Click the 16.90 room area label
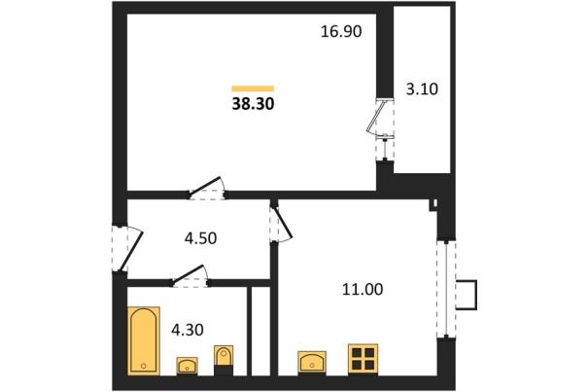pyautogui.click(x=341, y=31)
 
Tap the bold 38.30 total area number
pyautogui.click(x=253, y=104)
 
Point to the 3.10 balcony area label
pyautogui.click(x=422, y=89)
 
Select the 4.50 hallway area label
pyautogui.click(x=200, y=238)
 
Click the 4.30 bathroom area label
pyautogui.click(x=188, y=330)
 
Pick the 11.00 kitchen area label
pyautogui.click(x=363, y=290)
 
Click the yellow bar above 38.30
pyautogui.click(x=253, y=89)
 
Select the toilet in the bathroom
pyautogui.click(x=224, y=360)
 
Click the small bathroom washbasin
pyautogui.click(x=188, y=366)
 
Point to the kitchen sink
pyautogui.click(x=312, y=362)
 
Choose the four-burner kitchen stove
pyautogui.click(x=363, y=359)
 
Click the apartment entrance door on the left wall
pyautogui.click(x=127, y=249)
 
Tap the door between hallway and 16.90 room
pyautogui.click(x=207, y=189)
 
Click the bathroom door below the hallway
pyautogui.click(x=190, y=276)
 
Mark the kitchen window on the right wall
pyautogui.click(x=446, y=290)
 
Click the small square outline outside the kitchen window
pyautogui.click(x=467, y=295)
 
